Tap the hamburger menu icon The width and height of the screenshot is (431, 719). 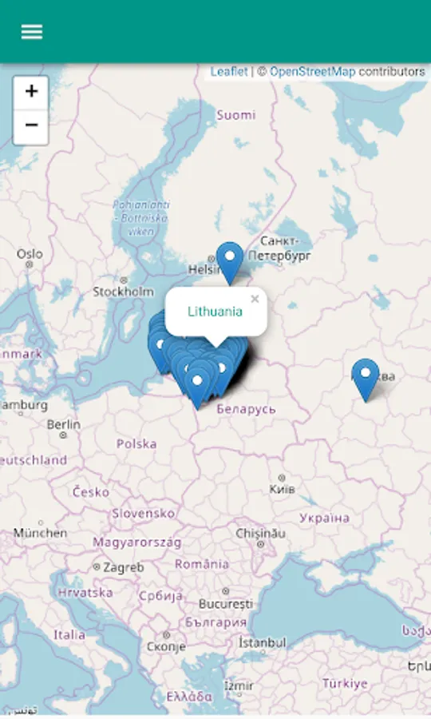coord(32,32)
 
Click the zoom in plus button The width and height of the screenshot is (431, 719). coord(31,92)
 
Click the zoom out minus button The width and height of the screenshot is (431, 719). coord(31,125)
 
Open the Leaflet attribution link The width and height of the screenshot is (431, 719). coord(229,72)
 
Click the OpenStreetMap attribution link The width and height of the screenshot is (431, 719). coord(312,72)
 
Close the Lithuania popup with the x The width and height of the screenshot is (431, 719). coord(255,300)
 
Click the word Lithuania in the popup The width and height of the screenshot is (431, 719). coord(215,312)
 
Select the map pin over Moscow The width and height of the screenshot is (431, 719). coord(366,377)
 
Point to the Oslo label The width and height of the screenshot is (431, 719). coord(30,254)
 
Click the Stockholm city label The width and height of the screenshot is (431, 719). coord(123,292)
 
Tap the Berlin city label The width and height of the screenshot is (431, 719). coord(64,424)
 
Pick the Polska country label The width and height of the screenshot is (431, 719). coord(136,443)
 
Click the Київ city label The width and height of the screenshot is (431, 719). coord(283,488)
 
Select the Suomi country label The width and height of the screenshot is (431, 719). coord(236,115)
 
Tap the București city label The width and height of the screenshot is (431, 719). coord(226,603)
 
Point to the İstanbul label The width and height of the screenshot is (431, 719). coord(262,642)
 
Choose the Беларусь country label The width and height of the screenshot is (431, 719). coord(246,409)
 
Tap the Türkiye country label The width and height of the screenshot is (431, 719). coord(345,684)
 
